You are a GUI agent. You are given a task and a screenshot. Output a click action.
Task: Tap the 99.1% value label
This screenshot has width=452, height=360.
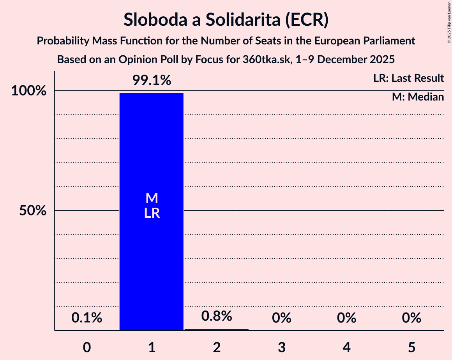coord(152,81)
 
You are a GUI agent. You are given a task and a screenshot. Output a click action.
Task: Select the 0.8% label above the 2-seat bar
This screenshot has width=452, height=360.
coord(217,316)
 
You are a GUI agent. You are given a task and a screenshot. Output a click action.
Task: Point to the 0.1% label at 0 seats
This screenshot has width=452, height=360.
coord(87,318)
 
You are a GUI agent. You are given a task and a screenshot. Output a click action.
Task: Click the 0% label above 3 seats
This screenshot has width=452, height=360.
coord(282,318)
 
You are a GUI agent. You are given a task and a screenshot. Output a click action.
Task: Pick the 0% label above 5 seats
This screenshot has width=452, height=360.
coord(412,318)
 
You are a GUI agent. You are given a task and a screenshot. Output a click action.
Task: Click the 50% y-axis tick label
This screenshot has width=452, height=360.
coord(33,211)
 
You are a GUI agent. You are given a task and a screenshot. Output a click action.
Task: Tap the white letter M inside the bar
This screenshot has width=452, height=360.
coord(152,199)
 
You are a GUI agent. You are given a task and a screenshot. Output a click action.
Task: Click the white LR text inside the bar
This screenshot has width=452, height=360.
coord(152,214)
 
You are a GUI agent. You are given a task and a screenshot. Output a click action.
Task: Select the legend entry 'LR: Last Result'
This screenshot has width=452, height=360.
coord(408,78)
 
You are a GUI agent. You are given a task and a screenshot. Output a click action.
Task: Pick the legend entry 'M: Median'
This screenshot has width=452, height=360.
coord(418,97)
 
